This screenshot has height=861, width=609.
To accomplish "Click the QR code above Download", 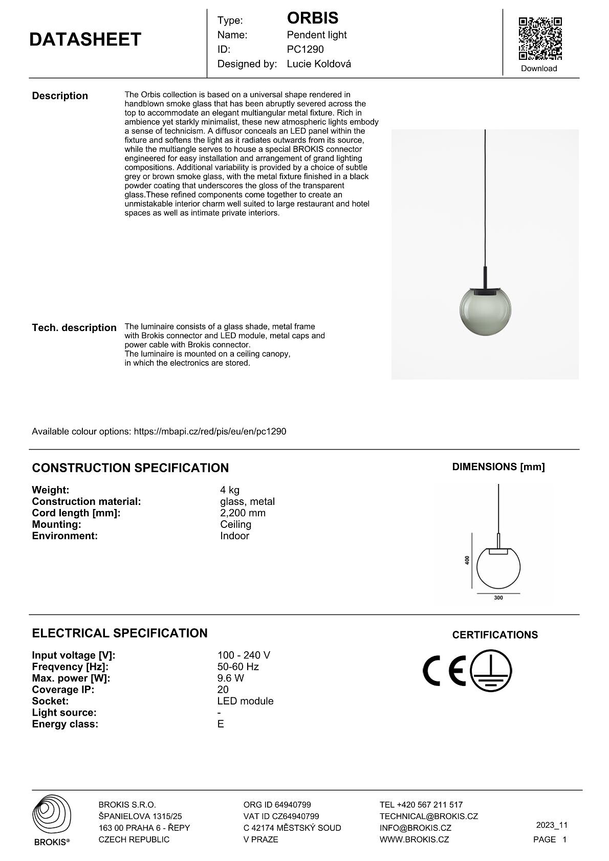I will pyautogui.click(x=540, y=38).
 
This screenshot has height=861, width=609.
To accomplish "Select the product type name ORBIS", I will pyautogui.click(x=312, y=18).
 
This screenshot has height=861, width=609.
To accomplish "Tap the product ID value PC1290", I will pyautogui.click(x=305, y=50).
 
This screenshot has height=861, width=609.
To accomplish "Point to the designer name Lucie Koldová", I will pyautogui.click(x=318, y=64).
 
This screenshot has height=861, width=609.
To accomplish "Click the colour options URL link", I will pyautogui.click(x=210, y=431).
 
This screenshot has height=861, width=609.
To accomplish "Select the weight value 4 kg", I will pyautogui.click(x=230, y=490).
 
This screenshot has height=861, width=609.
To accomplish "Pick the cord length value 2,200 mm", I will pyautogui.click(x=243, y=513).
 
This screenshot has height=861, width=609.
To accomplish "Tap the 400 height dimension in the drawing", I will pyautogui.click(x=467, y=560).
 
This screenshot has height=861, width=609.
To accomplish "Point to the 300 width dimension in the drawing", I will pyautogui.click(x=498, y=598).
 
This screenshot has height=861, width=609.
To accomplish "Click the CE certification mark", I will pyautogui.click(x=444, y=670).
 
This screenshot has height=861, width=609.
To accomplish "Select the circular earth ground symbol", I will pyautogui.click(x=491, y=671).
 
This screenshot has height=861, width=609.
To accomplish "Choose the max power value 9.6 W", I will pyautogui.click(x=230, y=678).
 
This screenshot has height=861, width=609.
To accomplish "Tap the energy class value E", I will pyautogui.click(x=221, y=724).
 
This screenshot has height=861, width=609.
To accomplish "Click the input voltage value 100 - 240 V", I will pyautogui.click(x=244, y=655).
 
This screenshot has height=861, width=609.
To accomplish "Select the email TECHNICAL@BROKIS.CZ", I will pyautogui.click(x=428, y=816).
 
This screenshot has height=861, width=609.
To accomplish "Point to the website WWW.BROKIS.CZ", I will pyautogui.click(x=414, y=840).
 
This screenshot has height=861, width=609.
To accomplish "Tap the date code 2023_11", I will pyautogui.click(x=552, y=825).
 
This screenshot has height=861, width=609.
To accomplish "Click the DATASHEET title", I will pyautogui.click(x=85, y=40).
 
